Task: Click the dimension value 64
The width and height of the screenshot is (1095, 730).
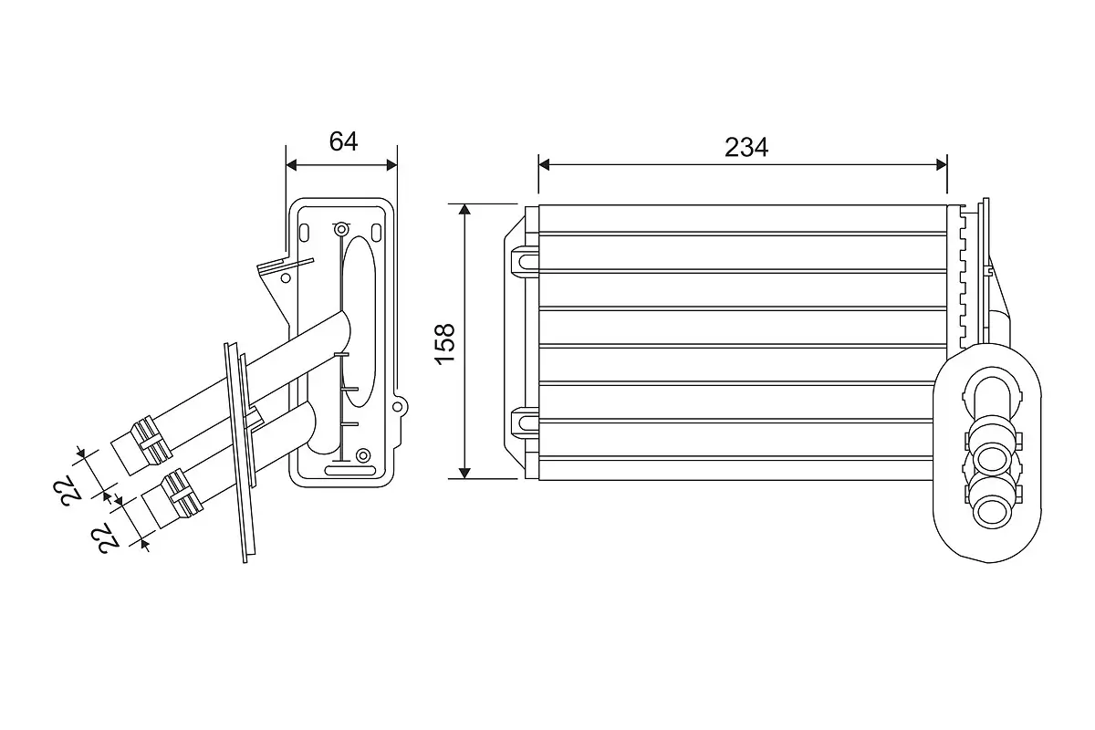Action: tap(343, 141)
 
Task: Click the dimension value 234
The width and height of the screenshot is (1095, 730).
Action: tap(746, 147)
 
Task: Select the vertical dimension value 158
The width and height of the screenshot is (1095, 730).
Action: tap(445, 344)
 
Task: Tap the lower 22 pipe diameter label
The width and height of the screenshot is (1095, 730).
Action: tap(105, 538)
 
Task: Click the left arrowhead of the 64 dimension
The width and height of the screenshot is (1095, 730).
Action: tap(291, 165)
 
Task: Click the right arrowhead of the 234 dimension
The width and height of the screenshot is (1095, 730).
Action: tap(942, 165)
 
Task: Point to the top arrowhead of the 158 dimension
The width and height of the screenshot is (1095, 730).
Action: tap(464, 210)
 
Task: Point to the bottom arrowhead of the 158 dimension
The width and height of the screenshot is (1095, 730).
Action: tap(464, 473)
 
